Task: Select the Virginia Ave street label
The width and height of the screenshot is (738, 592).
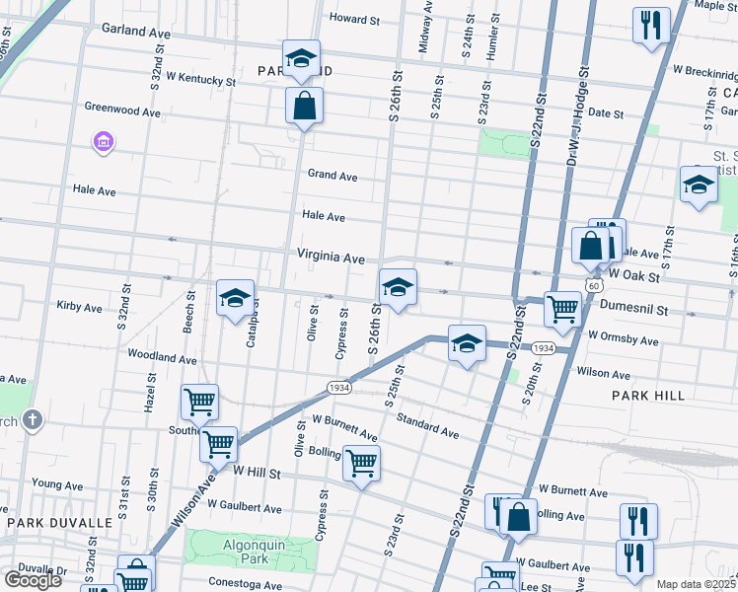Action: [x=332, y=258]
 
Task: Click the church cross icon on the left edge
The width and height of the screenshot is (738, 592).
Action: [x=32, y=421]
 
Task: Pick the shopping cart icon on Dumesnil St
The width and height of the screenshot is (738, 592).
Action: [x=562, y=309]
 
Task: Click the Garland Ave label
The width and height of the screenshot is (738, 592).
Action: [x=141, y=32]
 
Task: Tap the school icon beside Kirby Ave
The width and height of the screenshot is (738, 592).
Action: [x=235, y=299]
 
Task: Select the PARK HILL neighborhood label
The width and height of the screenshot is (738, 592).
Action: [x=647, y=396]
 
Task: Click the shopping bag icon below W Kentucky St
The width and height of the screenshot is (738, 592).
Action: [x=305, y=105]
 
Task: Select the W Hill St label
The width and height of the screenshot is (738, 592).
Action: [x=258, y=474]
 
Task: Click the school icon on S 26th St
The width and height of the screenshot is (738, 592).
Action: [x=398, y=288]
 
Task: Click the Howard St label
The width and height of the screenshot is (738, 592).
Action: [x=354, y=19]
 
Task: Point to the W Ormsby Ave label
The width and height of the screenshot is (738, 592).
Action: [x=623, y=340]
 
